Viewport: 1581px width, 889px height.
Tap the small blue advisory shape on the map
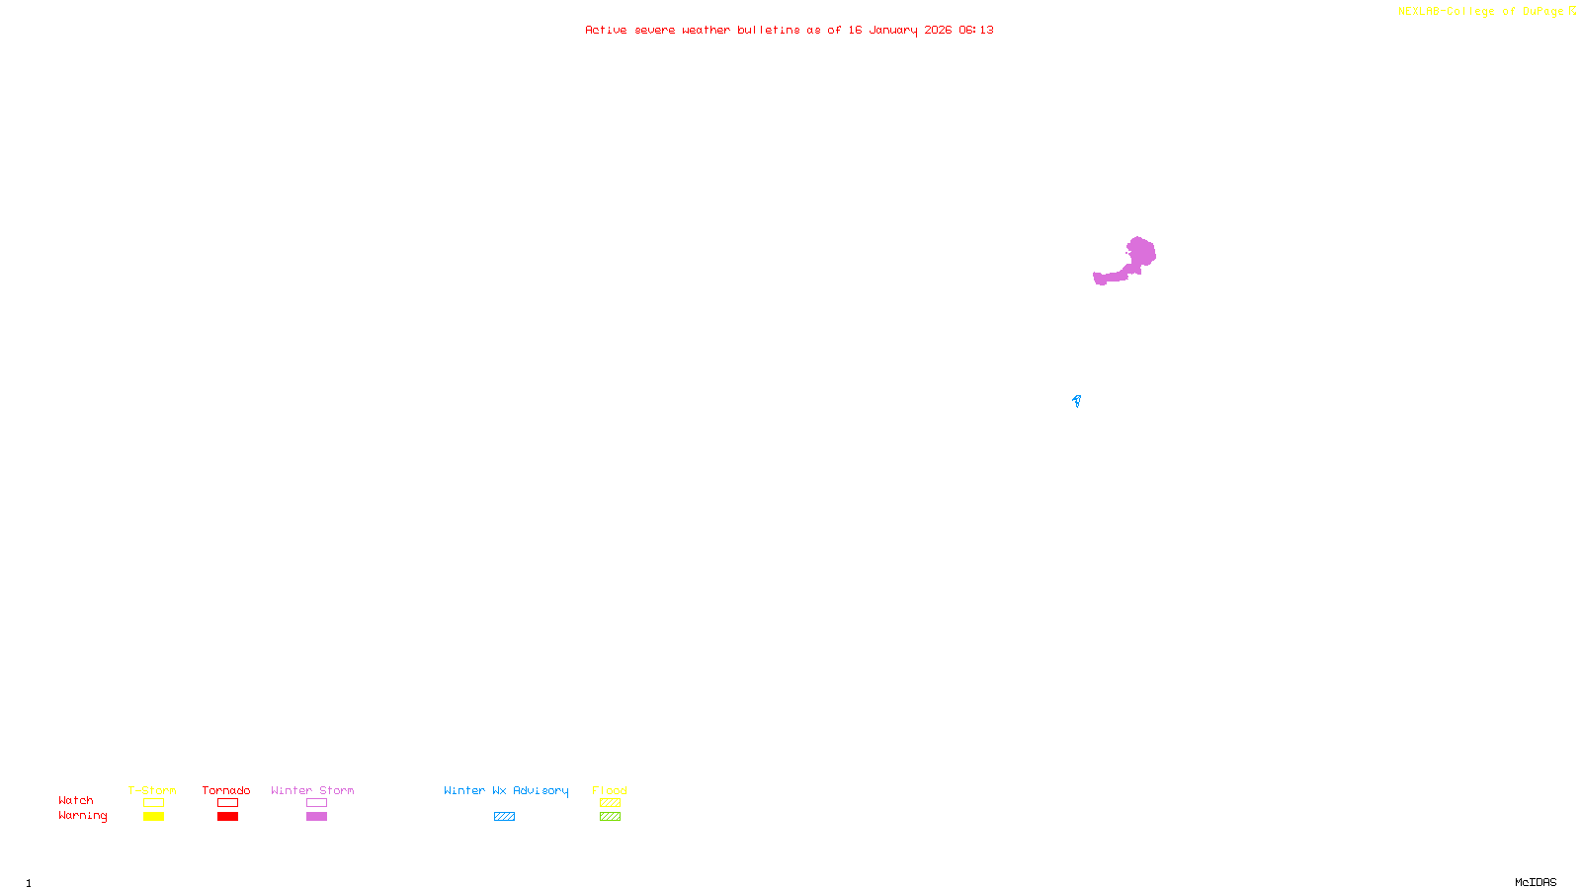pyautogui.click(x=1076, y=400)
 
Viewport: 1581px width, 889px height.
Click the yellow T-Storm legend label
pyautogui.click(x=152, y=790)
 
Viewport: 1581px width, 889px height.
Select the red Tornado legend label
pyautogui.click(x=226, y=790)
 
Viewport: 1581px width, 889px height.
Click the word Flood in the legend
pyautogui.click(x=610, y=790)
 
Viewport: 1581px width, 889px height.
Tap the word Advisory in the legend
pyautogui.click(x=541, y=790)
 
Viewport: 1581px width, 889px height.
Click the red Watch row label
pyautogui.click(x=76, y=800)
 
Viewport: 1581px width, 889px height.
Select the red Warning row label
pyautogui.click(x=82, y=816)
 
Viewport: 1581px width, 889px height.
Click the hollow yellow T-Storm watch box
pyautogui.click(x=153, y=803)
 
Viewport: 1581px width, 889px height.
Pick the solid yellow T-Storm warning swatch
pyautogui.click(x=153, y=817)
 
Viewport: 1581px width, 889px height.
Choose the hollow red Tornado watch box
pyautogui.click(x=227, y=803)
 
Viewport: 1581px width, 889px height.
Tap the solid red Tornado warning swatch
pyautogui.click(x=227, y=817)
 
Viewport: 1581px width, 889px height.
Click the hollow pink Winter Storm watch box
pyautogui.click(x=316, y=803)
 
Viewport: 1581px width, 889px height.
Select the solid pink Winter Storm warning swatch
pyautogui.click(x=316, y=817)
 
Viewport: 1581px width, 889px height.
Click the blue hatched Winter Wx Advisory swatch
pyautogui.click(x=504, y=817)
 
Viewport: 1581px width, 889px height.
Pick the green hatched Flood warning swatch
pyautogui.click(x=610, y=817)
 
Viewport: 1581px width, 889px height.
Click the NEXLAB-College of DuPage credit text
pyautogui.click(x=1481, y=12)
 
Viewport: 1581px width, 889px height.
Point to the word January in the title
pyautogui.click(x=892, y=30)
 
